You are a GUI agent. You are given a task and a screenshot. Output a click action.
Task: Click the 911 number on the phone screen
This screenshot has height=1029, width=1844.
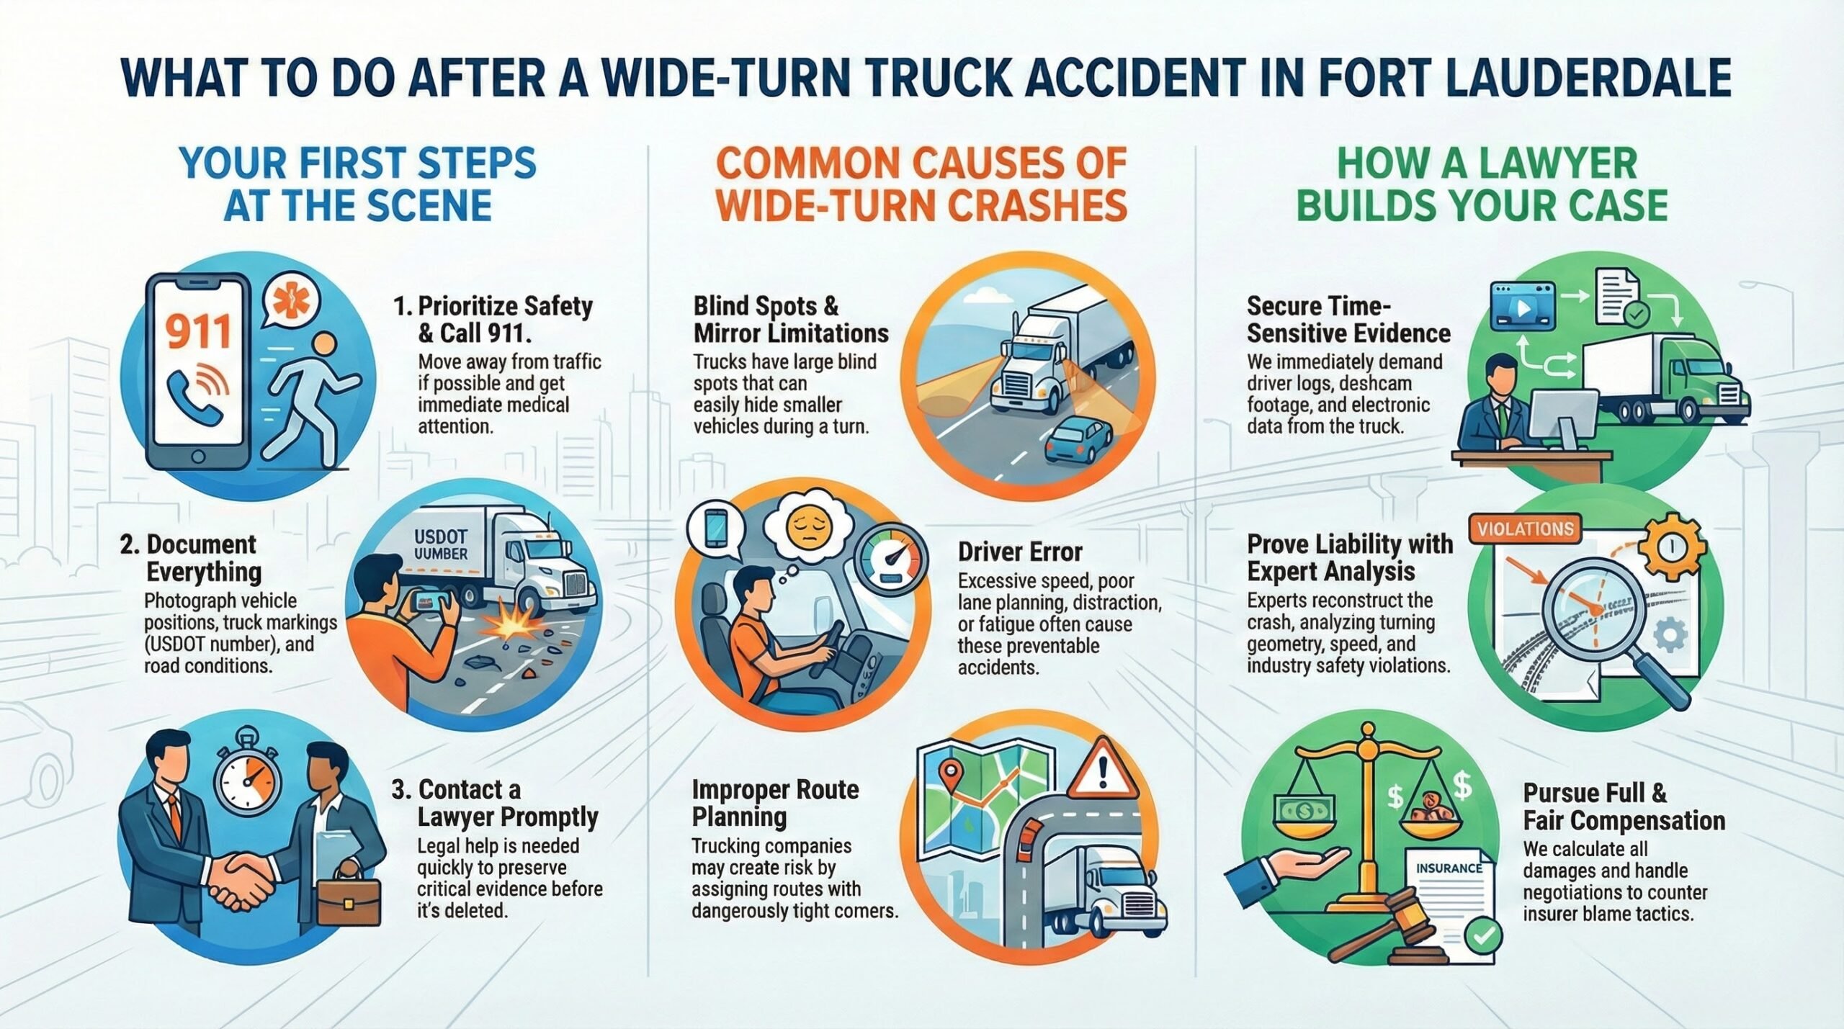pyautogui.click(x=197, y=332)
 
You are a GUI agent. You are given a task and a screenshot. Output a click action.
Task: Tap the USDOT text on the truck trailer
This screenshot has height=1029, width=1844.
pyautogui.click(x=441, y=537)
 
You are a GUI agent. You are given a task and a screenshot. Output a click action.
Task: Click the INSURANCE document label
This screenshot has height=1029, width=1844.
pyautogui.click(x=1449, y=868)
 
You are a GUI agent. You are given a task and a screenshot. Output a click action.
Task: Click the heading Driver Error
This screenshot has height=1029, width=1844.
pyautogui.click(x=1019, y=552)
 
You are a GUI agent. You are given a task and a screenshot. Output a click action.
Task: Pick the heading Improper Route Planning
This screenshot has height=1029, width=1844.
pyautogui.click(x=774, y=803)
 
